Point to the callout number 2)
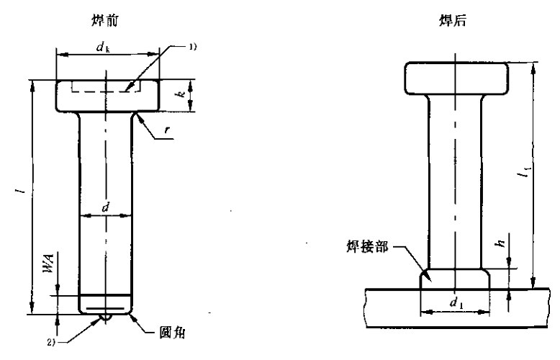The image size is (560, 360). click(52, 336)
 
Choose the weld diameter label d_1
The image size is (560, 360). click(455, 303)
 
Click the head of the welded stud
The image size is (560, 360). click(456, 79)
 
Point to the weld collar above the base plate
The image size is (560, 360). click(456, 278)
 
